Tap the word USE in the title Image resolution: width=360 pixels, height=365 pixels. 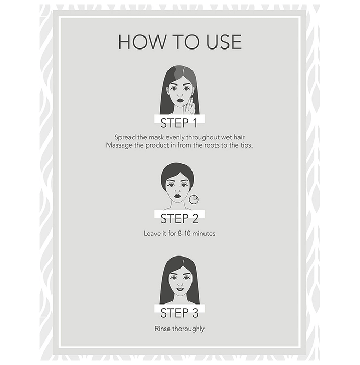(224, 42)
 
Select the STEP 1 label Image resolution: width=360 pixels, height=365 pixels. (179, 123)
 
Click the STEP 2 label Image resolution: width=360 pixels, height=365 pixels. (179, 218)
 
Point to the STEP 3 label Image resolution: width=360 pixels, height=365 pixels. (179, 313)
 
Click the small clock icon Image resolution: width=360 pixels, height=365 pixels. (194, 200)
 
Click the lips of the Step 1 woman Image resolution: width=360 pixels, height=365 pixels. (180, 101)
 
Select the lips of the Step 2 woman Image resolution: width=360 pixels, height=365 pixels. (177, 196)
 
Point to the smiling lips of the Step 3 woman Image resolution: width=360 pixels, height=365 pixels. (180, 289)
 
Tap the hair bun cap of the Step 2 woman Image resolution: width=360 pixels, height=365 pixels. (177, 174)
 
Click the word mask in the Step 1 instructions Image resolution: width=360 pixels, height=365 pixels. (156, 137)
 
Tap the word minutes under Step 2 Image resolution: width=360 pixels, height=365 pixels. (204, 233)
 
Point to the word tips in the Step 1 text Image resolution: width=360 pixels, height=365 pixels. (246, 145)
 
